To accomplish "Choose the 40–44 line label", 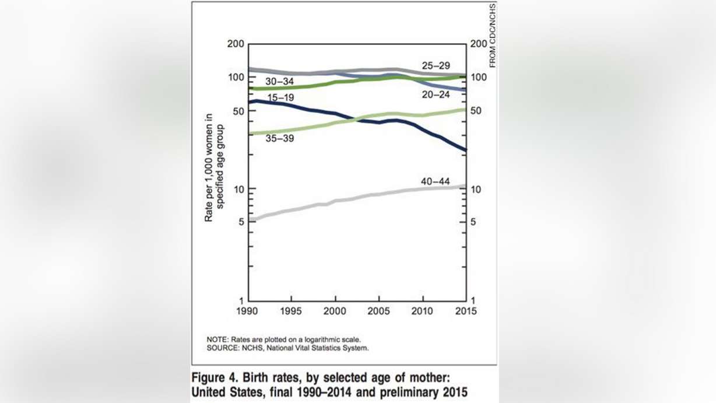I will (x=435, y=182).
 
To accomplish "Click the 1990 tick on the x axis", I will (x=249, y=311).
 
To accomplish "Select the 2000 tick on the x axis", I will (x=335, y=311).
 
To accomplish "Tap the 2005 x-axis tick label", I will (x=379, y=311).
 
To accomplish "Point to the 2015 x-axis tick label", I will (x=465, y=311).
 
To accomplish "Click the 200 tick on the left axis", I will (x=236, y=45).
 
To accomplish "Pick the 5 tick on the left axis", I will (x=240, y=222).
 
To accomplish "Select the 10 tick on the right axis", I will (x=475, y=190).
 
